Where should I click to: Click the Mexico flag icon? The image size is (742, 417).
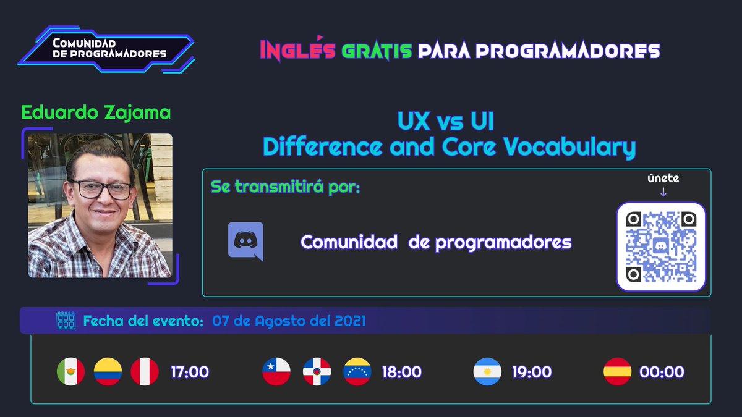(x=70, y=372)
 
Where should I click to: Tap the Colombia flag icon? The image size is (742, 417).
(x=108, y=372)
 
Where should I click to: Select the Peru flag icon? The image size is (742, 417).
(x=145, y=372)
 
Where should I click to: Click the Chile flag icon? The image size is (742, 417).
(x=276, y=372)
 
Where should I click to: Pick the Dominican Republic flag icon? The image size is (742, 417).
(x=317, y=372)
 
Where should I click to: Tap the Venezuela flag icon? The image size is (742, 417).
(x=357, y=372)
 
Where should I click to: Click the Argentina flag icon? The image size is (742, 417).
(x=487, y=372)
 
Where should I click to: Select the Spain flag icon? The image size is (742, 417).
(x=617, y=372)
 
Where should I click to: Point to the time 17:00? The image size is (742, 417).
(x=190, y=373)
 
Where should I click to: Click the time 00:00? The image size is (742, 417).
(x=662, y=373)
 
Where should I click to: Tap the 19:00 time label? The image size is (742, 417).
(x=532, y=373)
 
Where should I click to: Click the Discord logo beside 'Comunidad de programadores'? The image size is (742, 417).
(x=245, y=242)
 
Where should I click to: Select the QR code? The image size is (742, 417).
(x=661, y=246)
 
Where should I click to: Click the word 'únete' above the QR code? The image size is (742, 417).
(x=663, y=179)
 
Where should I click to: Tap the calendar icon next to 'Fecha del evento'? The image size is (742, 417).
(x=66, y=321)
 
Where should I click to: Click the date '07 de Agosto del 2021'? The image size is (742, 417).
(x=289, y=321)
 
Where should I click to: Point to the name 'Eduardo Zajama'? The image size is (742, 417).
(x=96, y=113)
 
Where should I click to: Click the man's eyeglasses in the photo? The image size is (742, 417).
(x=102, y=189)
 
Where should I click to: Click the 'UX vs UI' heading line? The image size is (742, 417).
(x=445, y=121)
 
